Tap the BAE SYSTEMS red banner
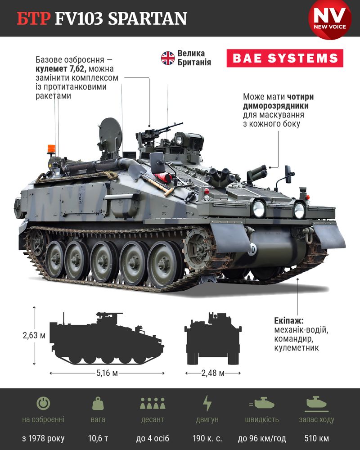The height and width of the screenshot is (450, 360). [285, 58]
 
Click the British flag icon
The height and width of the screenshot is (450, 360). [168, 58]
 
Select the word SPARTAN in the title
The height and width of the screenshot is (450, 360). [148, 18]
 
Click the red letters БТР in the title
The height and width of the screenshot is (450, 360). [34, 18]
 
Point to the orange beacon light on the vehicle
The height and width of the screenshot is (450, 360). [51, 149]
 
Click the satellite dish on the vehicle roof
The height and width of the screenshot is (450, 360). [110, 134]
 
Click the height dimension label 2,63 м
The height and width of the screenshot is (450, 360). [34, 335]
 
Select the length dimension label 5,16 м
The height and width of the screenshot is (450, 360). [107, 373]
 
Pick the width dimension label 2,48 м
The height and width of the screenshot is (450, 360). [213, 373]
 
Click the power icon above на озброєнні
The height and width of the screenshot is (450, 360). [43, 403]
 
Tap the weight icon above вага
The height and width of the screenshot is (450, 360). [98, 403]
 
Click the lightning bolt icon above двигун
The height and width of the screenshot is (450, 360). [207, 403]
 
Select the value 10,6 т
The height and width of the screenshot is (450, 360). [98, 438]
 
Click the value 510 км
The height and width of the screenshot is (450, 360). [317, 438]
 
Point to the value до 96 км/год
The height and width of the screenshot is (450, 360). [262, 438]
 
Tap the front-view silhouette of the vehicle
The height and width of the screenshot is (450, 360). [213, 339]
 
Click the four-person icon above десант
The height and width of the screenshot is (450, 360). [153, 403]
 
